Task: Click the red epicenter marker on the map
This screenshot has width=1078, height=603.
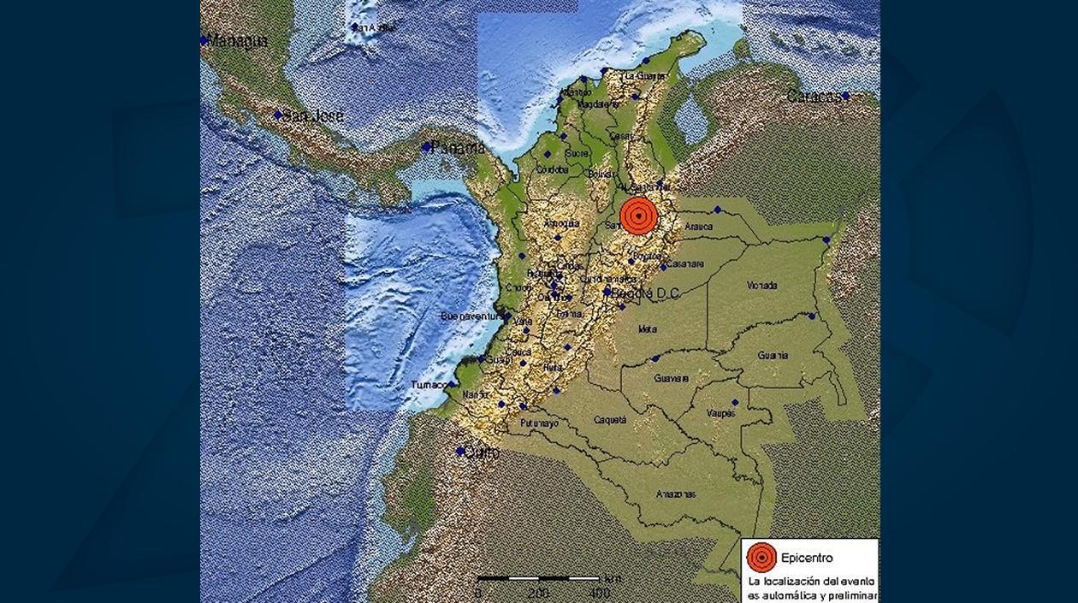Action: click(x=638, y=216)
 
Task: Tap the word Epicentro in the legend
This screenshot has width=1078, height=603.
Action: click(x=807, y=559)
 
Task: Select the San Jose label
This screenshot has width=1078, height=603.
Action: click(x=314, y=115)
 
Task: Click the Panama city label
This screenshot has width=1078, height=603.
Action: click(x=459, y=148)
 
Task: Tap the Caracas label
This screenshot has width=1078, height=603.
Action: click(x=814, y=97)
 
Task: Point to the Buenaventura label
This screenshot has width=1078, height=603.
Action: click(x=471, y=316)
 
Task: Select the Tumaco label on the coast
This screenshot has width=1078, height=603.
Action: click(x=428, y=385)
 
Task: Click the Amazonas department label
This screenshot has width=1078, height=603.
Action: click(x=676, y=494)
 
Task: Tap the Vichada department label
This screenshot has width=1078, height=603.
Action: click(x=761, y=285)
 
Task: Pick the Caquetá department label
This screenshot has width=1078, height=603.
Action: click(x=610, y=420)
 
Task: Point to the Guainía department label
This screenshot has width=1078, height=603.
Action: click(x=772, y=355)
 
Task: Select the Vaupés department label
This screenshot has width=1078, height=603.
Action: click(x=720, y=413)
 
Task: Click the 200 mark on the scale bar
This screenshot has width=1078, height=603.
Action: click(x=538, y=593)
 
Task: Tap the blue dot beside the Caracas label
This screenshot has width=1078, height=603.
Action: click(x=845, y=96)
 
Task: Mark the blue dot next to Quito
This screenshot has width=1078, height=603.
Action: click(x=459, y=451)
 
